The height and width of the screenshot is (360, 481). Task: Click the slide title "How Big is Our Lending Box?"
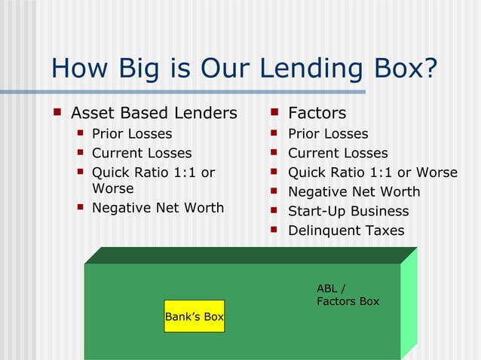[x=244, y=69]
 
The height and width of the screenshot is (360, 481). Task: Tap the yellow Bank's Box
[x=195, y=316]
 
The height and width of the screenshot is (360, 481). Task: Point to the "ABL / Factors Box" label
[x=348, y=294]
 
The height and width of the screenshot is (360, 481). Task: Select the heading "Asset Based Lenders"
[x=154, y=113]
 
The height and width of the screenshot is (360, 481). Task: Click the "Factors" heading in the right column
[x=317, y=113]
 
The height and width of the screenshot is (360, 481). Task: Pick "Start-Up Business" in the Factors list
[x=348, y=211]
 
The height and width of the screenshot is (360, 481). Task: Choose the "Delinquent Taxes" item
[x=346, y=230]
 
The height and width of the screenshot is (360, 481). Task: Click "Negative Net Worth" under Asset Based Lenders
[x=158, y=207]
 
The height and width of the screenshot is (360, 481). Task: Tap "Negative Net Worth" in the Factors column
[x=354, y=191]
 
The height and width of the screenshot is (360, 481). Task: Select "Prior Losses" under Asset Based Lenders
[x=132, y=134]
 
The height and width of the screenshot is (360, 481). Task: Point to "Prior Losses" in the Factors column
[x=328, y=134]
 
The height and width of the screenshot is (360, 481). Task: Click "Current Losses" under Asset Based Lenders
[x=142, y=153]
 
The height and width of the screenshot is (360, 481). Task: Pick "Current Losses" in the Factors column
[x=338, y=153]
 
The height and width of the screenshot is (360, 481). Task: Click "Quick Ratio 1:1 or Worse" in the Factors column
[x=372, y=172]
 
